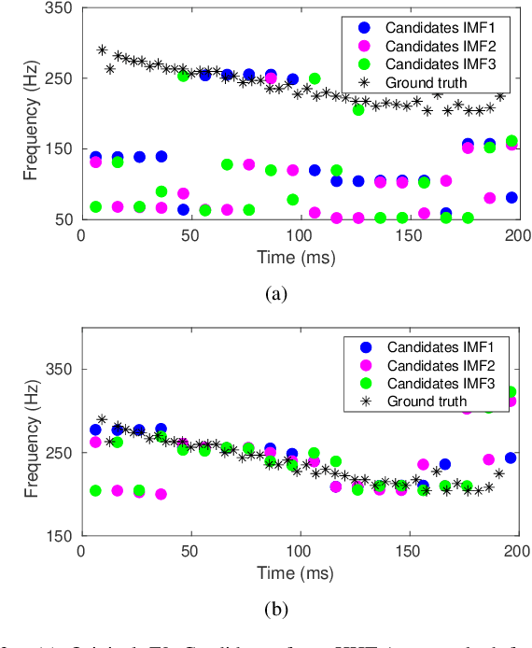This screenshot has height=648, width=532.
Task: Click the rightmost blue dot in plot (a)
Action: [x=511, y=197]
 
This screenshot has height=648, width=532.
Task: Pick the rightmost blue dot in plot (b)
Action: [x=511, y=458]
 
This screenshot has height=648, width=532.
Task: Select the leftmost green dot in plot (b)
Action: [x=95, y=490]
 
